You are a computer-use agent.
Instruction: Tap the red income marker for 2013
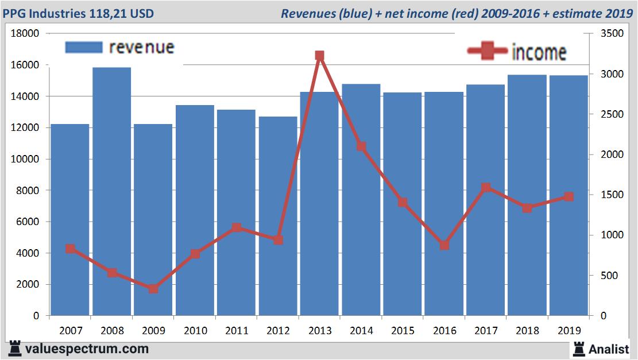click(320, 56)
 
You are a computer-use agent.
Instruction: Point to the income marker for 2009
click(153, 289)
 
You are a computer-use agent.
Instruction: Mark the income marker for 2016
click(444, 245)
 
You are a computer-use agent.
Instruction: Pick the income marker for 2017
click(486, 187)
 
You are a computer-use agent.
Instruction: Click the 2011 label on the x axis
click(237, 331)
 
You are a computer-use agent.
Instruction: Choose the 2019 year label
click(569, 331)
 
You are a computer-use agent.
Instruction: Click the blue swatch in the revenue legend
click(84, 47)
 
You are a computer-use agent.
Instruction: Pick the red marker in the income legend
click(488, 51)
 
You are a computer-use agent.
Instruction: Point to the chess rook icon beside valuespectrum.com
click(15, 349)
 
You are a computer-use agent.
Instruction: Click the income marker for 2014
click(361, 146)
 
